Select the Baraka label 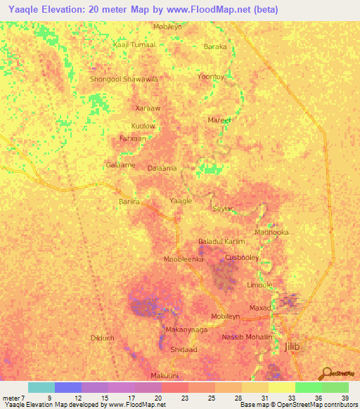(215, 46)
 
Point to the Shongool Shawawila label (124, 79)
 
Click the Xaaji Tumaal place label (134, 44)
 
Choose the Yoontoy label (211, 76)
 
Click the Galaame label (120, 165)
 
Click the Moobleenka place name (184, 259)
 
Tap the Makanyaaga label (186, 329)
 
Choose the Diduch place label (103, 338)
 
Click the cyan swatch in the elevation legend (41, 387)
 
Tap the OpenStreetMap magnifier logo (326, 373)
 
